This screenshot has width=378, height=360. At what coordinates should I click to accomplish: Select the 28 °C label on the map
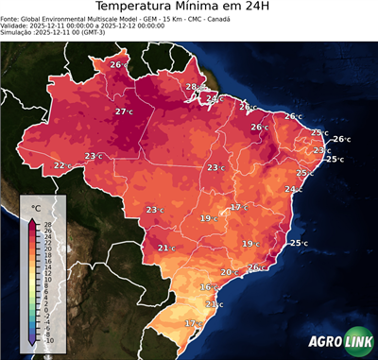(x=193, y=87)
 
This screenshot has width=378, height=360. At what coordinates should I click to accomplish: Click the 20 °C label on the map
(x=229, y=272)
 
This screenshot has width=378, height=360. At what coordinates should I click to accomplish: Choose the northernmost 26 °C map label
(x=118, y=64)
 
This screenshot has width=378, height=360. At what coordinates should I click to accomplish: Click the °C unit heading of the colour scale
(x=36, y=206)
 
